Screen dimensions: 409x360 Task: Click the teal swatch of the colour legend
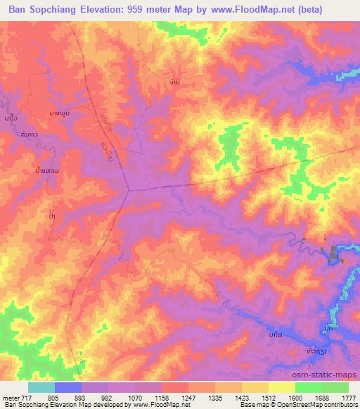tap(41, 387)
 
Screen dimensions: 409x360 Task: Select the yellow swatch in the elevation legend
tap(281, 387)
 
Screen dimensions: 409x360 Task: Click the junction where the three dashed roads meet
tap(128, 189)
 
